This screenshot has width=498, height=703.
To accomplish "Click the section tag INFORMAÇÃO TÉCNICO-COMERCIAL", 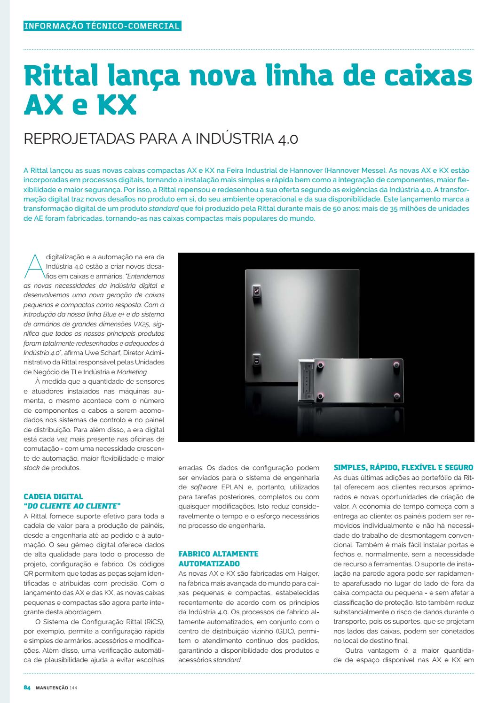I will point(102,26).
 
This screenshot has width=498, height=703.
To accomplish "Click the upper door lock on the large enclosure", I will point(257,291).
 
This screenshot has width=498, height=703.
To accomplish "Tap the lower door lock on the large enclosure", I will point(257,360).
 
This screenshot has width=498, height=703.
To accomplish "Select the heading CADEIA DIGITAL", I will point(53,496).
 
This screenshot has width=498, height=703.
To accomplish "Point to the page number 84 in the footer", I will point(27,688).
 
